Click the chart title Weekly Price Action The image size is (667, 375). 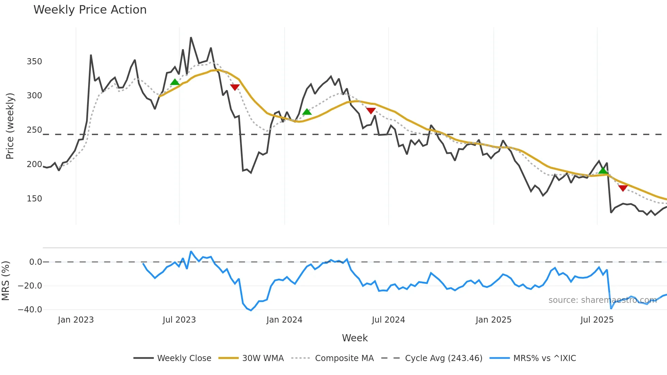90,10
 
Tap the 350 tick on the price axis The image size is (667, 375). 34,62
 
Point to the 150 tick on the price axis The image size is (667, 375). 34,199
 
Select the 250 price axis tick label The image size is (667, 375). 34,130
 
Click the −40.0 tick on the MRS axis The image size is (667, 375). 30,310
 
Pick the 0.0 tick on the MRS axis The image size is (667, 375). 35,262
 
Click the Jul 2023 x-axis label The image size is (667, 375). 179,320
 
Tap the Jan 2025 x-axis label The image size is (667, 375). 493,320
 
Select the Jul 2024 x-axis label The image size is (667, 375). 388,320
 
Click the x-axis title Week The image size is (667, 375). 355,338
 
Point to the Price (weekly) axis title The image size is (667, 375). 10,126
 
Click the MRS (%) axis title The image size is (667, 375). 5,281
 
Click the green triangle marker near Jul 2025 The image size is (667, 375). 603,170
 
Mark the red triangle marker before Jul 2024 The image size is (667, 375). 371,111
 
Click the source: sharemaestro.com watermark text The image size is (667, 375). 602,300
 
